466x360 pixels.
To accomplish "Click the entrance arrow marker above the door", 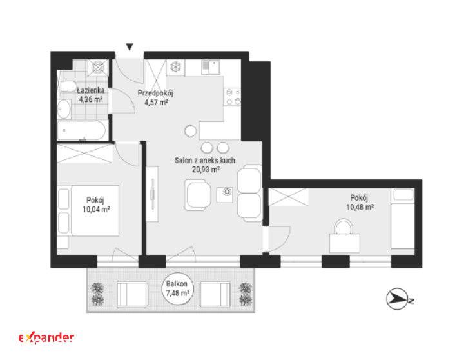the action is pos(130,46).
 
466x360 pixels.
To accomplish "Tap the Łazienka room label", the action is pos(91,90).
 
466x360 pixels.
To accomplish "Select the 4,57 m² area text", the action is pos(157,103).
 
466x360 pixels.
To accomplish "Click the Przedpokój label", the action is pos(155,93).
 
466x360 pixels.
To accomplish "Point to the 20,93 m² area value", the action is pos(206,170).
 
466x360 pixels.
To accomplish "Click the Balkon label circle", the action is pos(177,288).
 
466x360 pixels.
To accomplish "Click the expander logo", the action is pos(46,338).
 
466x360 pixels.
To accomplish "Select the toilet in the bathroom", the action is pos(68,86).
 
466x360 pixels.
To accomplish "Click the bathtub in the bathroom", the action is pos(81,130).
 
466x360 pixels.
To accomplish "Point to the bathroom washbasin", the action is pos(64,109).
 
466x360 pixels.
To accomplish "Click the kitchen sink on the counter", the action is pos(210,67).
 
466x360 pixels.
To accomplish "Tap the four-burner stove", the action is pos(233,97).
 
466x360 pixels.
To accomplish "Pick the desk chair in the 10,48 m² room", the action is pos(344,226).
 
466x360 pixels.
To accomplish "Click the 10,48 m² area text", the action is pos(360,207).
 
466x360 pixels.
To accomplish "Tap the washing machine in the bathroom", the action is pos(98,68).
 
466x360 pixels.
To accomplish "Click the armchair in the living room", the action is pos(198,195).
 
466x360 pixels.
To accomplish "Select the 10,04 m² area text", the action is pos(96,210).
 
